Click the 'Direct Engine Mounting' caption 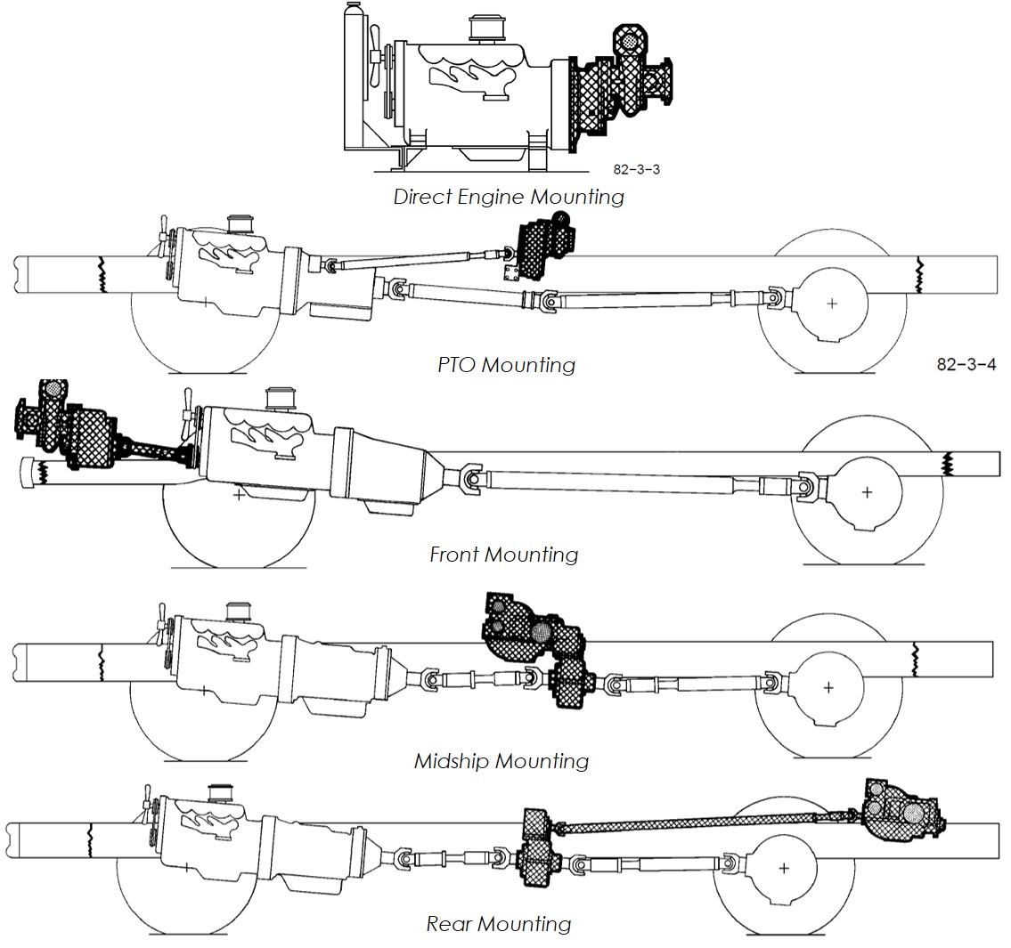(509, 197)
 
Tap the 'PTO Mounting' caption (506, 365)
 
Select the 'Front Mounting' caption (503, 555)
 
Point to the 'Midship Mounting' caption (501, 761)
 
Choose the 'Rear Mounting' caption (499, 924)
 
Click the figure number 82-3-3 (636, 169)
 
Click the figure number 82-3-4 (966, 364)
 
